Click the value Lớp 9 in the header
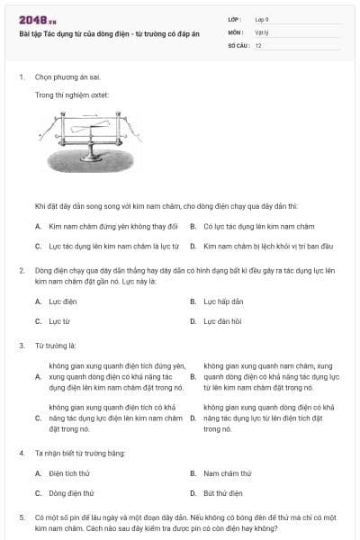coord(262,19)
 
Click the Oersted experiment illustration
coord(93,140)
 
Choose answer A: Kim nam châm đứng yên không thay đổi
coord(113,225)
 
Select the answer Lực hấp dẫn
coord(223,301)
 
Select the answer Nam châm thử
coord(224,473)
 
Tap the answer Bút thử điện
coord(223,492)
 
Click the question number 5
coord(21,518)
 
